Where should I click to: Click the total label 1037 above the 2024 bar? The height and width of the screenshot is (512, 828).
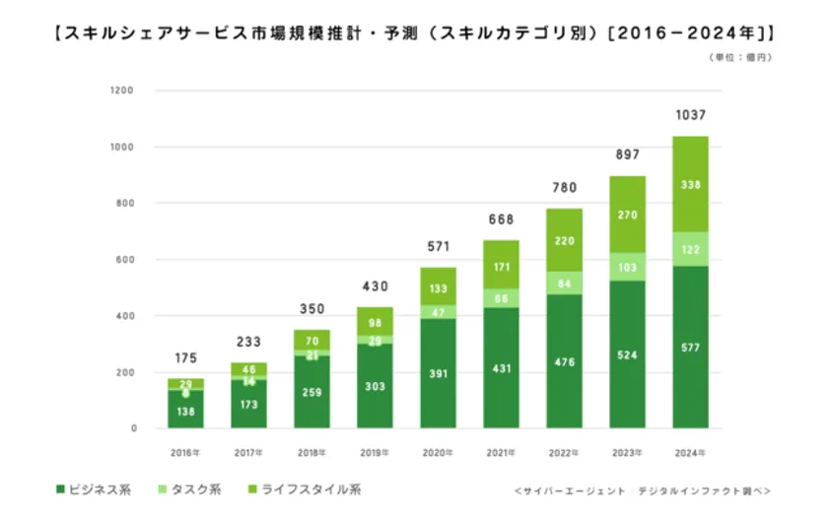(690, 116)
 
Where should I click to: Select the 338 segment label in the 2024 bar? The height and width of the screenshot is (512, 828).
(690, 183)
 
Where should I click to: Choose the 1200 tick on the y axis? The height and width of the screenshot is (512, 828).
(122, 91)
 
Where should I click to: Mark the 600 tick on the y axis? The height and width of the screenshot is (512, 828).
(125, 260)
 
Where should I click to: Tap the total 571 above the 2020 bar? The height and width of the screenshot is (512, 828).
(438, 246)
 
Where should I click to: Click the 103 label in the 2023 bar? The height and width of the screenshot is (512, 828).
(627, 267)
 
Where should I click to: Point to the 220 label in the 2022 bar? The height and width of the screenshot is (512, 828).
(564, 239)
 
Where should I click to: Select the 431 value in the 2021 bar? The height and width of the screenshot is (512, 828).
(501, 367)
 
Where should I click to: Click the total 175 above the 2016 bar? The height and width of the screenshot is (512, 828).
(185, 358)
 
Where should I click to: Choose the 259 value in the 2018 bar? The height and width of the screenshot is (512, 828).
(311, 392)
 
